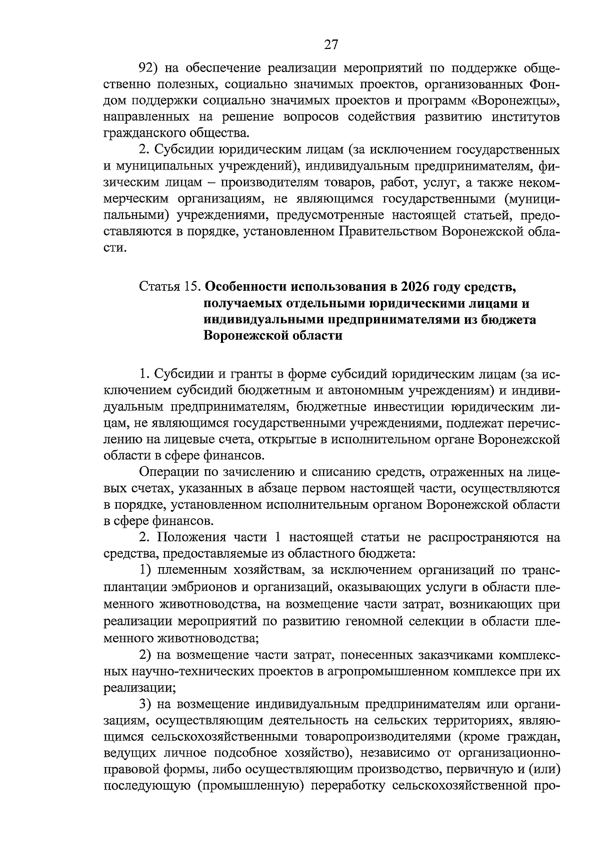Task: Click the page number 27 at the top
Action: pyautogui.click(x=331, y=45)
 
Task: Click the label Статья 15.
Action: pyautogui.click(x=170, y=287)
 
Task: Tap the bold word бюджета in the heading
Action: pyautogui.click(x=510, y=320)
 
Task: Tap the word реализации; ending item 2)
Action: pyautogui.click(x=139, y=688)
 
